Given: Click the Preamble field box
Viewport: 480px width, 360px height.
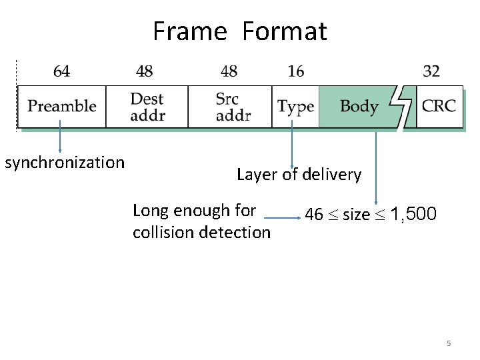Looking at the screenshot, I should coord(61,107).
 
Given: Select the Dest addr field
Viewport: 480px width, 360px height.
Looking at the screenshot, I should coord(147,107).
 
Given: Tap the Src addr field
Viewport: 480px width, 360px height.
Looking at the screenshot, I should coord(230,107).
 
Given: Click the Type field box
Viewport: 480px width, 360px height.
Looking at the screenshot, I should coord(295,107).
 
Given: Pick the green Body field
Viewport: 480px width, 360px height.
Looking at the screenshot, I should coord(359,107).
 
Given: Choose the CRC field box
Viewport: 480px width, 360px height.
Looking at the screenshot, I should coord(439,107).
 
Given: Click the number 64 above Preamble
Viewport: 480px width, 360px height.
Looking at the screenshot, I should coord(61,71).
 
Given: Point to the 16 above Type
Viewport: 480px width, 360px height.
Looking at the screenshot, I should coord(295,71).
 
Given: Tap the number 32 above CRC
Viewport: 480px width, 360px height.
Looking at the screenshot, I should coord(431,71).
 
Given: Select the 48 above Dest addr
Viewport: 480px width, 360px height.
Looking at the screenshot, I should coord(144,71).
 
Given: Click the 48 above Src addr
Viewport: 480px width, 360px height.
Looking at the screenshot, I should coord(229,71).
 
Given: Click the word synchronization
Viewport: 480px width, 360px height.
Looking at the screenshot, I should coord(65,163).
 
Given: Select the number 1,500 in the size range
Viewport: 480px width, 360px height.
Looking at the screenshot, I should coord(413,215).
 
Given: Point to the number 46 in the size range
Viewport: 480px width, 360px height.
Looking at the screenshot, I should coord(313,215).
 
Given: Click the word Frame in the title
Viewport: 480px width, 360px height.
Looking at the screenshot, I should coord(190,31).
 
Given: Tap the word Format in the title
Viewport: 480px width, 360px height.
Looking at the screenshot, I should coord(285,31).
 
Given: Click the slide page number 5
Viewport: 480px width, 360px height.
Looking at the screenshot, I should coord(449,343).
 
